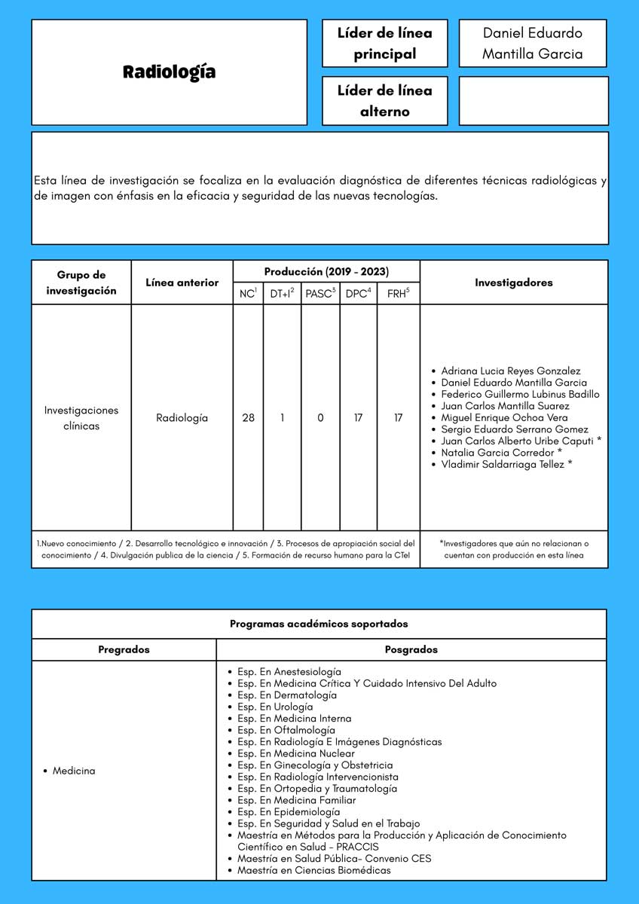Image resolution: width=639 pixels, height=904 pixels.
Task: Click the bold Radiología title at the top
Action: click(169, 72)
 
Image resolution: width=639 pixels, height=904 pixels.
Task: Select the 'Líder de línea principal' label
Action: click(384, 44)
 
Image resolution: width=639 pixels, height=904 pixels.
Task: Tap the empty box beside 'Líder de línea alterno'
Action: click(533, 101)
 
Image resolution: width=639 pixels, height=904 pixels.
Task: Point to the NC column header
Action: click(248, 294)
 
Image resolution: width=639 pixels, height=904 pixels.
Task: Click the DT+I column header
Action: click(282, 294)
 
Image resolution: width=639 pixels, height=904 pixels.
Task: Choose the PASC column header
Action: click(320, 294)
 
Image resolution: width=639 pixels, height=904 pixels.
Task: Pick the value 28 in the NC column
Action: click(248, 417)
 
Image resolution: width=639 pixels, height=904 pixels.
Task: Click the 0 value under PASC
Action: click(320, 417)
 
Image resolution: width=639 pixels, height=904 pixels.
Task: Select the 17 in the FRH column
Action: click(398, 417)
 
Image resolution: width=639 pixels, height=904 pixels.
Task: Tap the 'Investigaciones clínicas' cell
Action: click(81, 418)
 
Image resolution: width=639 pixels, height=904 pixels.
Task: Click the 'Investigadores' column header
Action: click(513, 282)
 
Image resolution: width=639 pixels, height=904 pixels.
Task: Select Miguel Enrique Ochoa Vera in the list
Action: click(504, 417)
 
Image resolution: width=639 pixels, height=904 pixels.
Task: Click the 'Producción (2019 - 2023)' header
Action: click(326, 271)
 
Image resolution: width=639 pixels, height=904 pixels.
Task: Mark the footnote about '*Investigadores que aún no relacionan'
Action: click(513, 549)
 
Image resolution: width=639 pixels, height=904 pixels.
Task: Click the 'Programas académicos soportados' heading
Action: click(319, 624)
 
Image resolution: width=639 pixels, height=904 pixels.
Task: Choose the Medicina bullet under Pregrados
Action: click(74, 771)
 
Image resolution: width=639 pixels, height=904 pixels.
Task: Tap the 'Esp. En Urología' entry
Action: click(274, 707)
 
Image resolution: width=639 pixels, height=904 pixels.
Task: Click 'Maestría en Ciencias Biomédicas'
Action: click(313, 870)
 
